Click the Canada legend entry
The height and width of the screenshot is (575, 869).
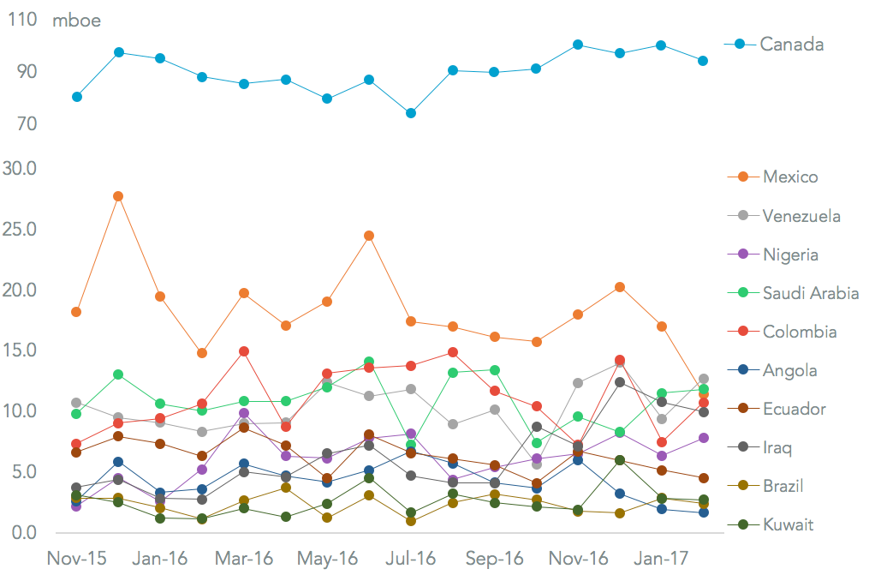[x=791, y=44]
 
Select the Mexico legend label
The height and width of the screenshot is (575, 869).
[x=789, y=177]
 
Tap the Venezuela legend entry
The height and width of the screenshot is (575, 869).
[x=801, y=216]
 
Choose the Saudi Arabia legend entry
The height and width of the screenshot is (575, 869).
[x=810, y=293]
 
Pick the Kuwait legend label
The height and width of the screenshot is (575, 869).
[x=789, y=524]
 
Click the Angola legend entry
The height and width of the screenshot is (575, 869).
[x=789, y=370]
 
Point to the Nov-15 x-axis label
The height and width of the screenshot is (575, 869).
[x=76, y=558]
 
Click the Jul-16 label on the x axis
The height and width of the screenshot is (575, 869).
[x=411, y=558]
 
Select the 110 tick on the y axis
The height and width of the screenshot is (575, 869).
[x=22, y=20]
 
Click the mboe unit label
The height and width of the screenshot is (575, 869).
[x=76, y=21]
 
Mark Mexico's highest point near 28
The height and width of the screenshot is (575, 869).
[x=118, y=196]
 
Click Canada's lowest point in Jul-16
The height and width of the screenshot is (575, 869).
[x=411, y=113]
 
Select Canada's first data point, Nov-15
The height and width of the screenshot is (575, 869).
[x=77, y=97]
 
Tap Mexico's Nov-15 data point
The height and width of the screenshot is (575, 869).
[x=76, y=312]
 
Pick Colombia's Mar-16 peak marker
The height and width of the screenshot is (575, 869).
[x=244, y=351]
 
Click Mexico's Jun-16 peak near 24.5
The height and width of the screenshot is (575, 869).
[x=369, y=236]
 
